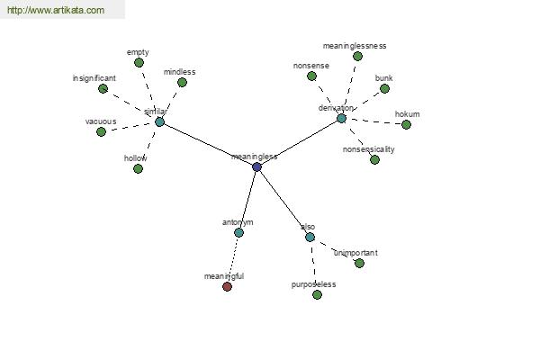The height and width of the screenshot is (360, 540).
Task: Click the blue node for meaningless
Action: pyautogui.click(x=256, y=167)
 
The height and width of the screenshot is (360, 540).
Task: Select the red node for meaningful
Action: pyautogui.click(x=228, y=286)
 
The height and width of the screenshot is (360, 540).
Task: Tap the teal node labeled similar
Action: pyautogui.click(x=159, y=121)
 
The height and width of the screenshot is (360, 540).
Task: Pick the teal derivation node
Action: pyautogui.click(x=341, y=119)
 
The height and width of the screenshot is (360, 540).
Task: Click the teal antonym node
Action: pyautogui.click(x=239, y=232)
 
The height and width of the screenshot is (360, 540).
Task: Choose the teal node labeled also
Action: pyautogui.click(x=310, y=237)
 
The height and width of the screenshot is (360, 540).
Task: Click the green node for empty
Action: pyautogui.click(x=139, y=63)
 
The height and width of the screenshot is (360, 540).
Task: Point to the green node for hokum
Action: pyautogui.click(x=407, y=124)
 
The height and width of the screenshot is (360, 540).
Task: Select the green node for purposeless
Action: pyautogui.click(x=317, y=294)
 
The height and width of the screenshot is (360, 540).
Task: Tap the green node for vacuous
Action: pyautogui.click(x=101, y=131)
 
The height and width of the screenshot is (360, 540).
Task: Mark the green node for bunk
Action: pyautogui.click(x=384, y=88)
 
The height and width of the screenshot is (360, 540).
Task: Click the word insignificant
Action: pyautogui.click(x=94, y=78)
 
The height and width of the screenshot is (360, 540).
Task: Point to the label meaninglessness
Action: pyautogui.click(x=355, y=46)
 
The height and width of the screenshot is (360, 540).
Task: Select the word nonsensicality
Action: pyautogui.click(x=368, y=149)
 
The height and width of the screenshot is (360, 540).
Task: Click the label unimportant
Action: pyautogui.click(x=355, y=253)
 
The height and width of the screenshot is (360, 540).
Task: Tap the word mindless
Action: pyautogui.click(x=179, y=72)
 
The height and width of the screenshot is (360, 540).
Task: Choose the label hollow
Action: pyautogui.click(x=135, y=158)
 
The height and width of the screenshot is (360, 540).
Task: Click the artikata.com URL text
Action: pyautogui.click(x=56, y=10)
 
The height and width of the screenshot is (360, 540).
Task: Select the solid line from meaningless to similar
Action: pyautogui.click(x=208, y=144)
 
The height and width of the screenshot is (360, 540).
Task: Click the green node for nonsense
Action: pyautogui.click(x=311, y=76)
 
